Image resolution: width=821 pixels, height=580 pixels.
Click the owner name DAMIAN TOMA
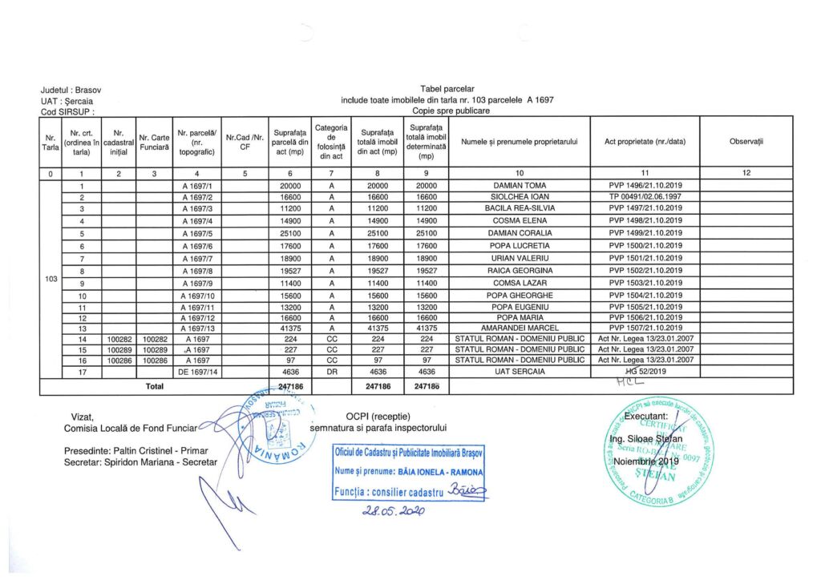(x=519, y=185)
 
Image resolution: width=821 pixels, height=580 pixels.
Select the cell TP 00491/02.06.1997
(x=645, y=197)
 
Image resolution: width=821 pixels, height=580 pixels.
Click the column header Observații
(x=746, y=142)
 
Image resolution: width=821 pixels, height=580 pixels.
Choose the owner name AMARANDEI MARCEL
(x=519, y=328)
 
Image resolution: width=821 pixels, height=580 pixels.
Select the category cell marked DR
(x=331, y=372)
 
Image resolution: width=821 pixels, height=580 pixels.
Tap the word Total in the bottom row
(x=153, y=387)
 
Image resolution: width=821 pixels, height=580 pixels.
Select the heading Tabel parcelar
(x=447, y=87)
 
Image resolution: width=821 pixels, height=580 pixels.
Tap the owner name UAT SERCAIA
(x=519, y=372)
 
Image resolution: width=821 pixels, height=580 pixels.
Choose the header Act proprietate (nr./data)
(x=645, y=142)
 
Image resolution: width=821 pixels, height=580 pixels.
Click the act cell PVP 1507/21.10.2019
(x=645, y=328)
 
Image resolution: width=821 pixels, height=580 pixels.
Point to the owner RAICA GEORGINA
(x=519, y=271)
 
